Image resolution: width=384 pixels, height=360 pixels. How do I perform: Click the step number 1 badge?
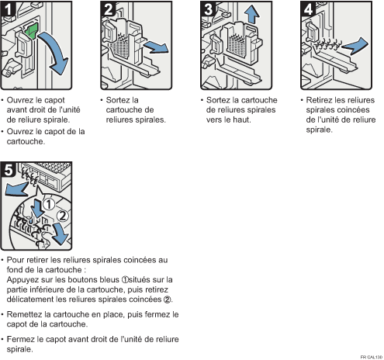click(8, 9)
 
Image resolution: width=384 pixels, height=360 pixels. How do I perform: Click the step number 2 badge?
click(108, 9)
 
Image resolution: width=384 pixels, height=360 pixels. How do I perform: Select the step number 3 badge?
click(208, 9)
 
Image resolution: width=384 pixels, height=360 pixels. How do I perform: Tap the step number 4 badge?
click(308, 9)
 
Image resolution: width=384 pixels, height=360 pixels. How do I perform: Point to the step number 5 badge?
click(8, 170)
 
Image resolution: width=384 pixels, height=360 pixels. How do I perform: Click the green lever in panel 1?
click(32, 31)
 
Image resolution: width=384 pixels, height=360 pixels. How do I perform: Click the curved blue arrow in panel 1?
click(56, 52)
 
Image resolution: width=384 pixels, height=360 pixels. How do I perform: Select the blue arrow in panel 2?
click(155, 47)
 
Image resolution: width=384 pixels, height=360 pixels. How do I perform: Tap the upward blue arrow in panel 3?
click(251, 14)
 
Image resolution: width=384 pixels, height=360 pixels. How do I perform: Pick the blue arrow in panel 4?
click(355, 46)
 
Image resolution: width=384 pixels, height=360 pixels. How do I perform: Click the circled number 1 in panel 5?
click(48, 204)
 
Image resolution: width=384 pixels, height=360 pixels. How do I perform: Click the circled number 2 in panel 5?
click(63, 216)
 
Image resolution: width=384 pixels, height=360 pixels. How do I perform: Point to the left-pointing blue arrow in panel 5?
click(16, 189)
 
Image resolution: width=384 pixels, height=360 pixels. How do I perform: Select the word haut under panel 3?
click(241, 119)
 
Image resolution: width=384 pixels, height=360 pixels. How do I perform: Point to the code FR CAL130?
click(372, 357)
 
